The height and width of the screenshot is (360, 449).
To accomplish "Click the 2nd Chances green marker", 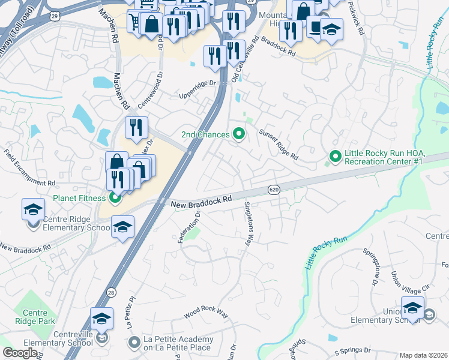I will pos(239,134).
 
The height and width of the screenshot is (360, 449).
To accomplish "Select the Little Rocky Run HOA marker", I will pos(334,157).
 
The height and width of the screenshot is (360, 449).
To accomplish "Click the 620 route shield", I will pos(274,189).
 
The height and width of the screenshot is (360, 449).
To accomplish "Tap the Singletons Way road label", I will pos(247,223).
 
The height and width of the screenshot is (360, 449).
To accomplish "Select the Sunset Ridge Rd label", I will pos(279,145).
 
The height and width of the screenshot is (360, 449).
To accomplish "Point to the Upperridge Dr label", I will pos(196,91).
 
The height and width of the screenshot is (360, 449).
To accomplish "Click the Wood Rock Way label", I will pos(206,314).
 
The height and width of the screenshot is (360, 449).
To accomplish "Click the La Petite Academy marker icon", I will pos(133,342).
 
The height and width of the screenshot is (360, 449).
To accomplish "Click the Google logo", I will pos(20,353).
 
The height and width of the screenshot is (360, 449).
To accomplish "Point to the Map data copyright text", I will pos(423,355).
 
